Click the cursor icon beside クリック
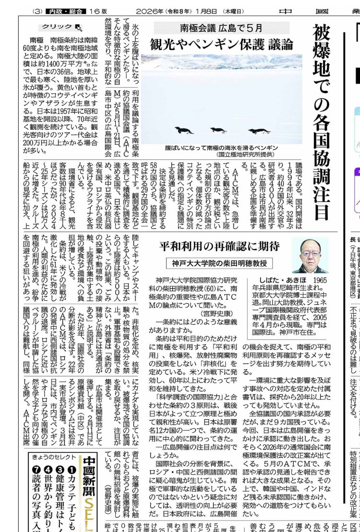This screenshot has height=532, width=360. (78, 27)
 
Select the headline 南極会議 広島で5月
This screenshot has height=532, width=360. (221, 28)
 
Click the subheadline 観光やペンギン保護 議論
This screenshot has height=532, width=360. (221, 45)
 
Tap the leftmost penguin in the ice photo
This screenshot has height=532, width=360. (184, 130)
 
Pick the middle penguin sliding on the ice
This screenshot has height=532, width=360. (218, 130)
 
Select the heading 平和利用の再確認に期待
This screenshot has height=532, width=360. (219, 247)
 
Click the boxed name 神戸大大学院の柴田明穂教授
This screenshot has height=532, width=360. (219, 263)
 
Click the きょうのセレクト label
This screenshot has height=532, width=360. (53, 456)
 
